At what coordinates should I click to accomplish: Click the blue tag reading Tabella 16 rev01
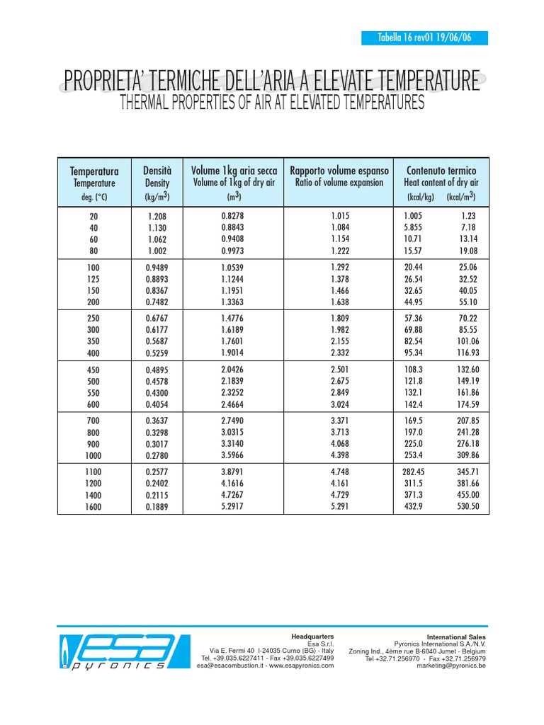426,38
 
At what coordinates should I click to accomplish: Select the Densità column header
157,171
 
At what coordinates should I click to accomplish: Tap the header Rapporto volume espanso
339,171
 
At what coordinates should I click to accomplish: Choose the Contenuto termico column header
441,171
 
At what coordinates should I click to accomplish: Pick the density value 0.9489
157,268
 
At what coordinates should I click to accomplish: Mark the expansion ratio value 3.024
340,404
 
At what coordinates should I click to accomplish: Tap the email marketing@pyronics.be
451,666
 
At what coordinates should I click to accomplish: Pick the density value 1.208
157,216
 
